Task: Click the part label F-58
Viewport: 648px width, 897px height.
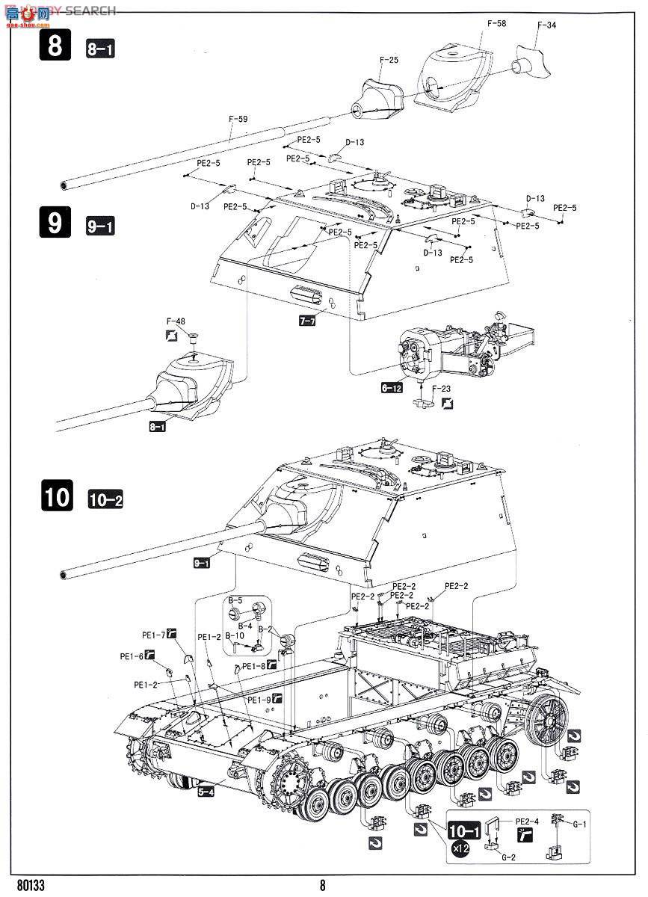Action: coord(496,24)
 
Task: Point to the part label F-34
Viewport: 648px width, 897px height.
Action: coord(546,25)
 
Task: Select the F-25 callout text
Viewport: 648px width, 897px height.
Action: coord(389,60)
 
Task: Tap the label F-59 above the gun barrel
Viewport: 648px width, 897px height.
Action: coord(238,118)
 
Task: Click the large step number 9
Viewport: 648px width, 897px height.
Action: coord(55,223)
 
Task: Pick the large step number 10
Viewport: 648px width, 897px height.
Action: coord(55,497)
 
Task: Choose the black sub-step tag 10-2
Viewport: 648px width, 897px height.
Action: coord(105,500)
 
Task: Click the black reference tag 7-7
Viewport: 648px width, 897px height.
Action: coord(308,319)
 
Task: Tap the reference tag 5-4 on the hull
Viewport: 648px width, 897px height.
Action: coord(207,792)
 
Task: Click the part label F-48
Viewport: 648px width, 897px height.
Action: coord(175,322)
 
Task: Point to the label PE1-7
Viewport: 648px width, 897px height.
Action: coord(154,635)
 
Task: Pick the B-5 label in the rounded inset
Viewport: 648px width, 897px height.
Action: coord(235,600)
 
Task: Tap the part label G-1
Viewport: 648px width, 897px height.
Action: coord(579,824)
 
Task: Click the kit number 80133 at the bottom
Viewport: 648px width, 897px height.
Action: coord(30,885)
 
